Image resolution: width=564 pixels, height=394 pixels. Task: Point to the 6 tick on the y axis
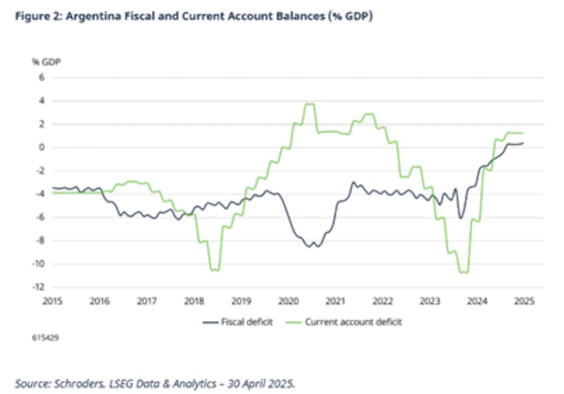click(x=42, y=77)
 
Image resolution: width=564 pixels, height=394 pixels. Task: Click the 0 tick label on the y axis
click(x=42, y=147)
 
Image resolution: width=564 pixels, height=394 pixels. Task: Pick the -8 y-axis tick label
click(x=40, y=241)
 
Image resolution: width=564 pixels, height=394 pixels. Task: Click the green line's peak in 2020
click(x=309, y=104)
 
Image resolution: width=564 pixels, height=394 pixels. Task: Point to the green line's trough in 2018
click(x=214, y=269)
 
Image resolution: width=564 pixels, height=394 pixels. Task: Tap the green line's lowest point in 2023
click(x=463, y=272)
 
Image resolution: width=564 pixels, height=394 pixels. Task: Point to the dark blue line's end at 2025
click(x=522, y=143)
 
